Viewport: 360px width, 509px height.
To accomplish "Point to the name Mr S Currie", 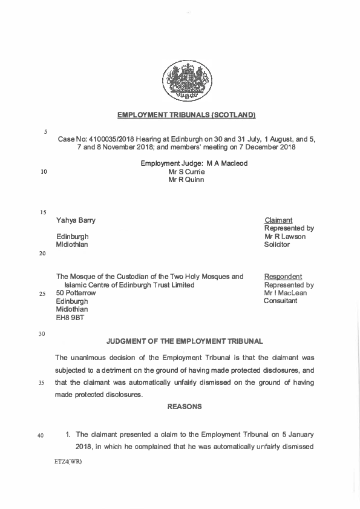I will tap(186, 172).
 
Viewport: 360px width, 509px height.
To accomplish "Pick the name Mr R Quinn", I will tap(186, 180).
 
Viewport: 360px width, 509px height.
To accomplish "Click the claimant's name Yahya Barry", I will tap(76, 220).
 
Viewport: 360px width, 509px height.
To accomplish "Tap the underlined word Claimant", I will tap(278, 220).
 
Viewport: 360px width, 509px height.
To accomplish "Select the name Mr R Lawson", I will tap(285, 237).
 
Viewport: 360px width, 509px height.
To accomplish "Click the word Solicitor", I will tap(277, 245).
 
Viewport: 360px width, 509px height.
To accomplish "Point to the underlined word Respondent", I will tap(283, 277).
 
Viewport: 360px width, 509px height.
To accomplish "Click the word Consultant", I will tap(281, 301).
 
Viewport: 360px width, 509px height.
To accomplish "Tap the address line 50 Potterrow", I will tap(76, 293).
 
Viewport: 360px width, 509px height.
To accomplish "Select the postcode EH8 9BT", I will tap(70, 317).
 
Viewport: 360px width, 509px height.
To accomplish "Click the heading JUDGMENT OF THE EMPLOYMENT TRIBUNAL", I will tap(185, 343).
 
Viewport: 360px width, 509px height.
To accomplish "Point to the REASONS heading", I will tap(185, 407).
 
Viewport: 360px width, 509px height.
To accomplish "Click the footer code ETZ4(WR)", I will tap(68, 462).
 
